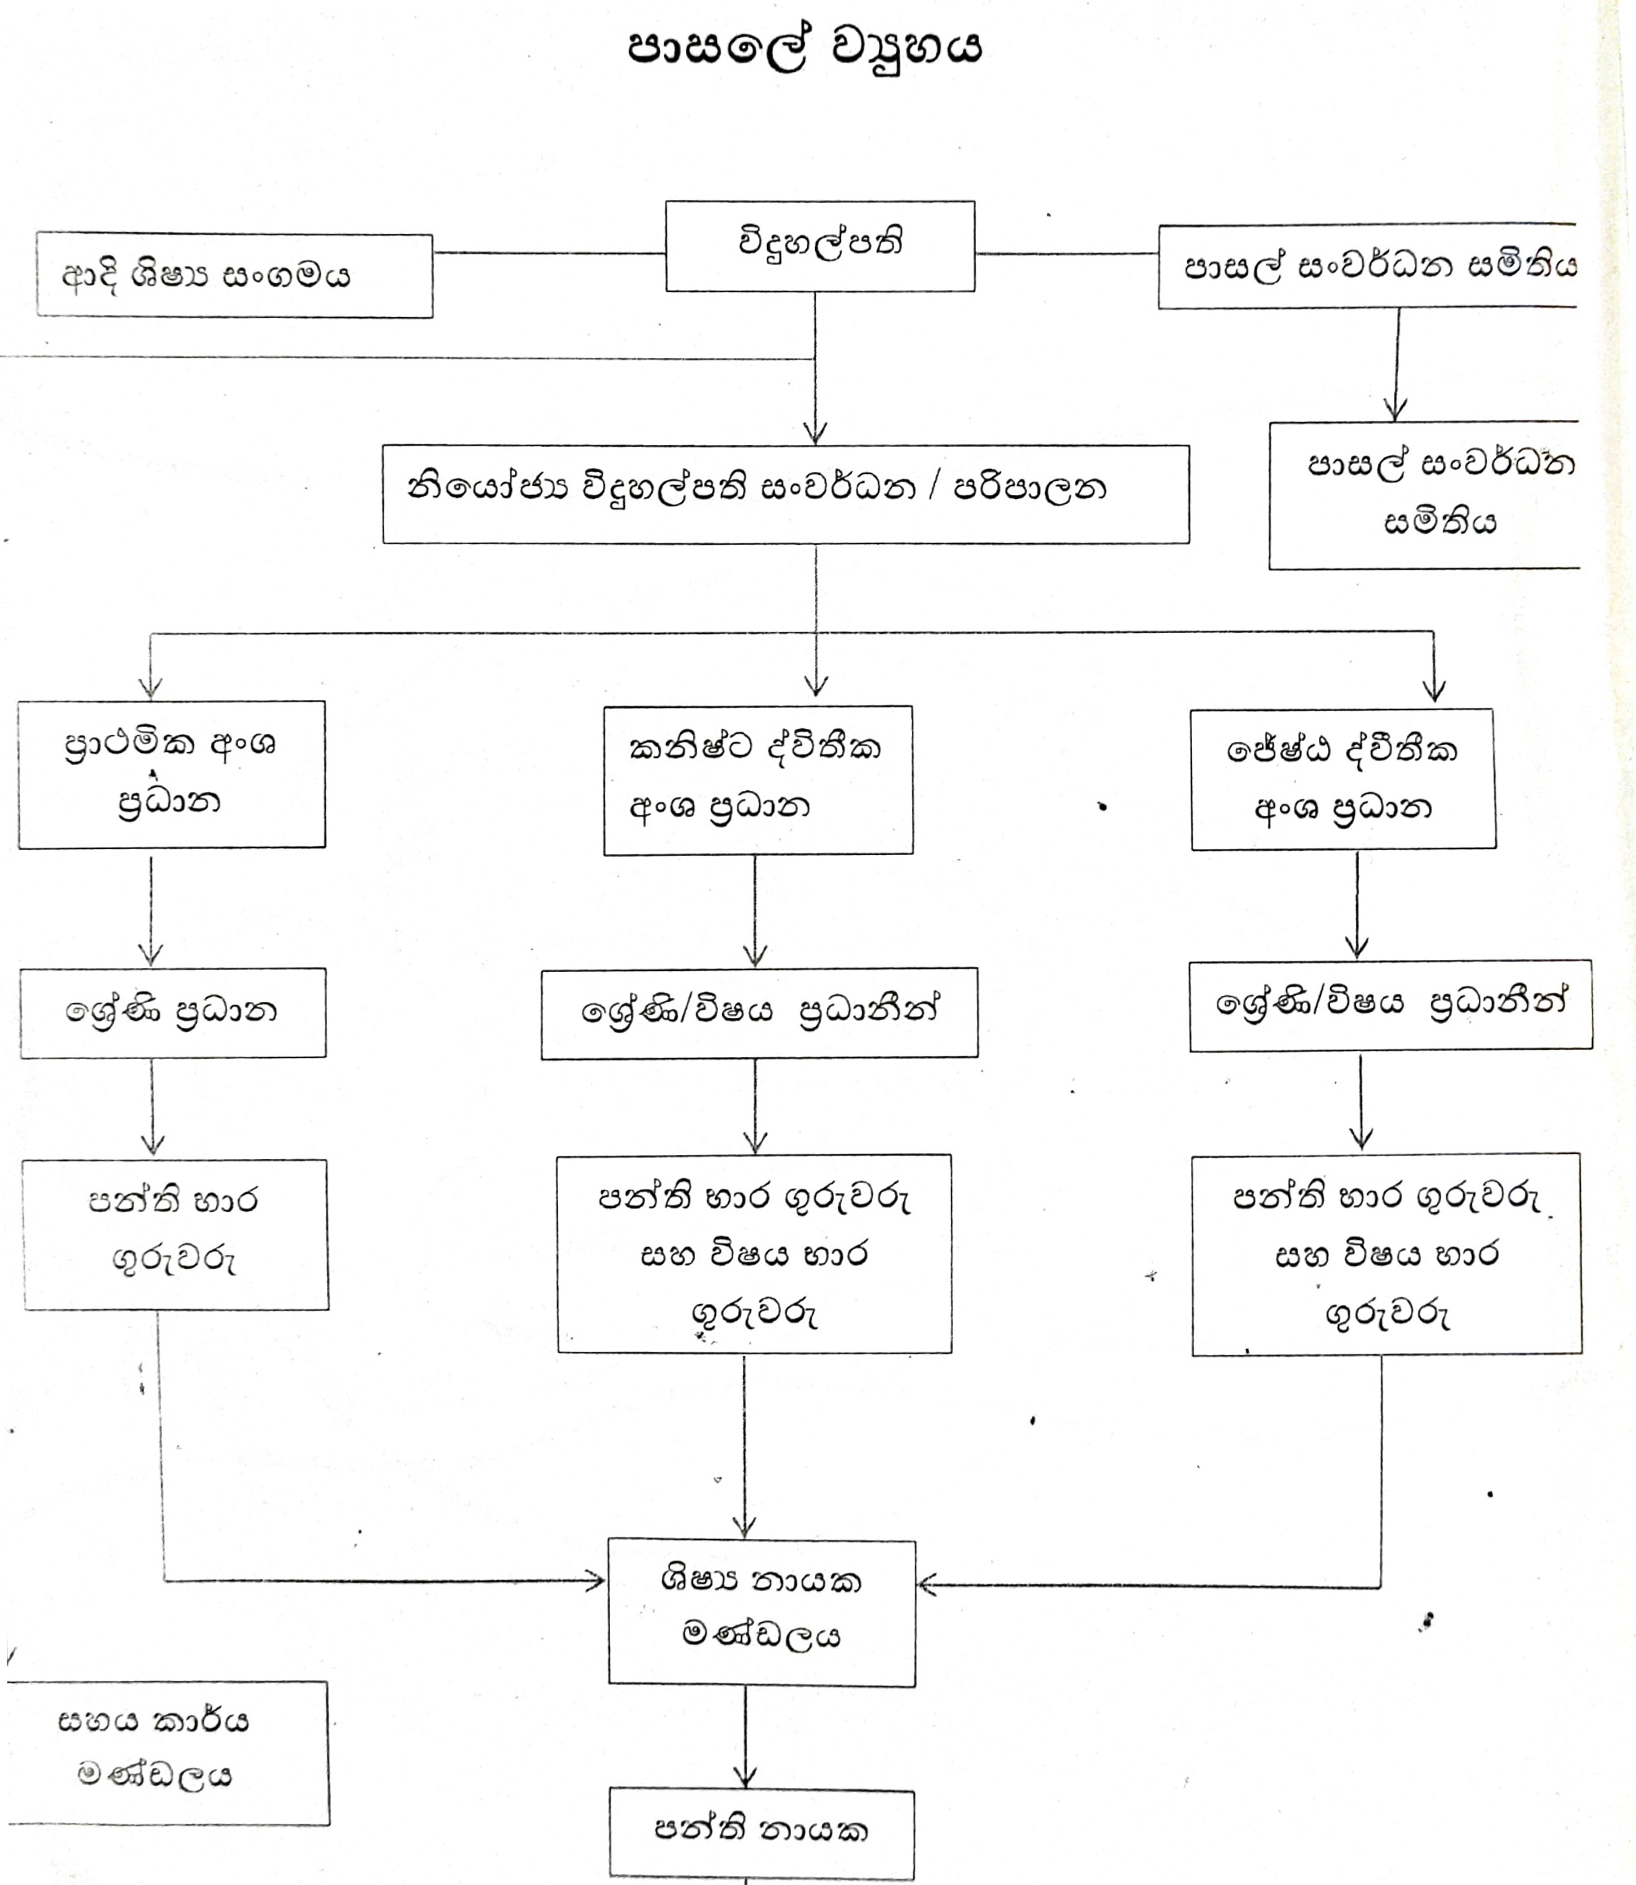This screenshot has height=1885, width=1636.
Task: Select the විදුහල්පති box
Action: pyautogui.click(x=820, y=247)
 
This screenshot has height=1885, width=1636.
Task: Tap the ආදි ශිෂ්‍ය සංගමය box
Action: pyautogui.click(x=235, y=276)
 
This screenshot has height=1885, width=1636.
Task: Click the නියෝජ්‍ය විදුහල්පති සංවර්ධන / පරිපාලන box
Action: pyautogui.click(x=785, y=494)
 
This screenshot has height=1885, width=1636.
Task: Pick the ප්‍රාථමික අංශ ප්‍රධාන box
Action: pyautogui.click(x=172, y=774)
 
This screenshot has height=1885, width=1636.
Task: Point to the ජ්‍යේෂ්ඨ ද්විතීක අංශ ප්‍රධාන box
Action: pyautogui.click(x=1343, y=779)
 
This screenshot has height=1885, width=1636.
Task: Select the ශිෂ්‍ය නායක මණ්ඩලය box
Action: pyautogui.click(x=762, y=1612)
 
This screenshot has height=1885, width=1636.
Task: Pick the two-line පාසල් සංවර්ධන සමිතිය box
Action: pyautogui.click(x=1424, y=495)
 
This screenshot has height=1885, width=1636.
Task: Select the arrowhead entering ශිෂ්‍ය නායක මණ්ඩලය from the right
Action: pyautogui.click(x=928, y=1586)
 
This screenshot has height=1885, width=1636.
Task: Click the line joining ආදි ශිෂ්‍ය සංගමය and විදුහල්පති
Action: pyautogui.click(x=549, y=253)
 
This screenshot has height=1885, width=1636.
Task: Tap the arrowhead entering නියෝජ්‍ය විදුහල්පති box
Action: pyautogui.click(x=814, y=433)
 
